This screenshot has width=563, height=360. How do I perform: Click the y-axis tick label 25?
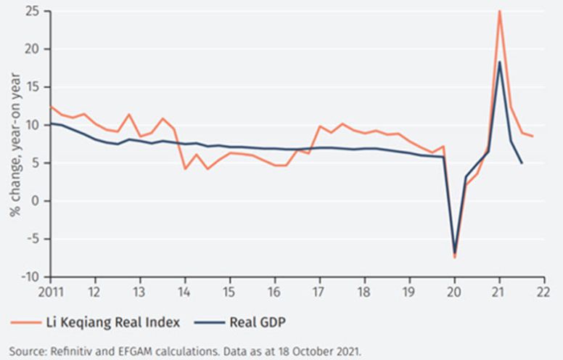(32, 11)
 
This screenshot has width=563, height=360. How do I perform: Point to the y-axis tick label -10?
(30, 277)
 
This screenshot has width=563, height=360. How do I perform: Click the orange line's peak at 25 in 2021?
(500, 11)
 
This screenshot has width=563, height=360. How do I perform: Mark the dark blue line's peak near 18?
(500, 62)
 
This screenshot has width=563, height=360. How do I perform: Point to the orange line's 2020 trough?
(455, 258)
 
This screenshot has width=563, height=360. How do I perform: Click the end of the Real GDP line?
(522, 163)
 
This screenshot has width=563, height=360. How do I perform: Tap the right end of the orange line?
(533, 136)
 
